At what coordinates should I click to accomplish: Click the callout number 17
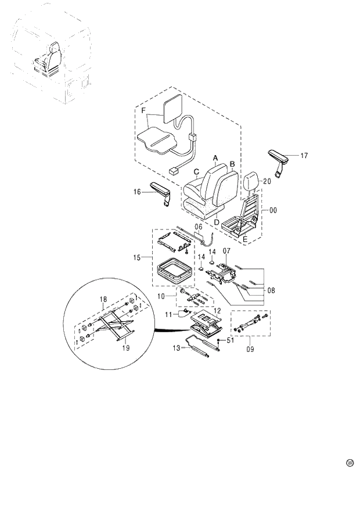(304, 155)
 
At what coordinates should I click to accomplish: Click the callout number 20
(267, 181)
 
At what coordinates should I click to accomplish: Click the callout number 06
(226, 251)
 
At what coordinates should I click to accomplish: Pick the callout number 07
(271, 289)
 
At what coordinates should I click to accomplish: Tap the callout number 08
(250, 350)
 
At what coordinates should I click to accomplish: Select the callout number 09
(163, 296)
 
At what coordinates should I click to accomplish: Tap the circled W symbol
(350, 463)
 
